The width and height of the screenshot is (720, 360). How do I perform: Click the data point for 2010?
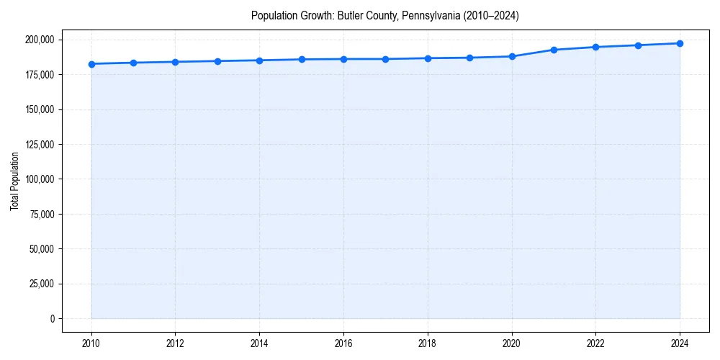tap(91, 64)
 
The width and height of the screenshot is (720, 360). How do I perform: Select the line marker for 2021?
tap(554, 50)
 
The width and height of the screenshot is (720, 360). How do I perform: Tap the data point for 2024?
tap(680, 43)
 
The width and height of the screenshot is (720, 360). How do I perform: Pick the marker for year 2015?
tap(302, 59)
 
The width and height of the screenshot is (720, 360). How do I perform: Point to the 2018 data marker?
tap(428, 58)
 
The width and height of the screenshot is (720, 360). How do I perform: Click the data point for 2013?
tap(217, 61)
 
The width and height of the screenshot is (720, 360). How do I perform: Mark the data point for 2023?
tap(638, 45)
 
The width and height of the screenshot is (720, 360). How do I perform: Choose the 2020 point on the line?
tap(512, 56)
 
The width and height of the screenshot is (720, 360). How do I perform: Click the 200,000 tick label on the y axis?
tap(38, 40)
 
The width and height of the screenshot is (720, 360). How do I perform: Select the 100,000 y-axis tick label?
tap(38, 179)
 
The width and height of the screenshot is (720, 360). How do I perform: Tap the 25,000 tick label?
tap(40, 284)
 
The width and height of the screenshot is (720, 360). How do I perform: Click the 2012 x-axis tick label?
tap(175, 343)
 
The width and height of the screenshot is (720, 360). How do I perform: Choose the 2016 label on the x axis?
tap(343, 343)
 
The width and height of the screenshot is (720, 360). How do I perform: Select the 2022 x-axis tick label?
tap(595, 343)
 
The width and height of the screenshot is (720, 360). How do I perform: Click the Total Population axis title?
tap(14, 181)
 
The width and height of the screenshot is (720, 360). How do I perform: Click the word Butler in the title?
tap(349, 15)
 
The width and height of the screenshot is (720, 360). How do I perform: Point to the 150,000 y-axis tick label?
tap(38, 109)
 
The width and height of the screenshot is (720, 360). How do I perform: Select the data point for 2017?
tap(386, 59)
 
